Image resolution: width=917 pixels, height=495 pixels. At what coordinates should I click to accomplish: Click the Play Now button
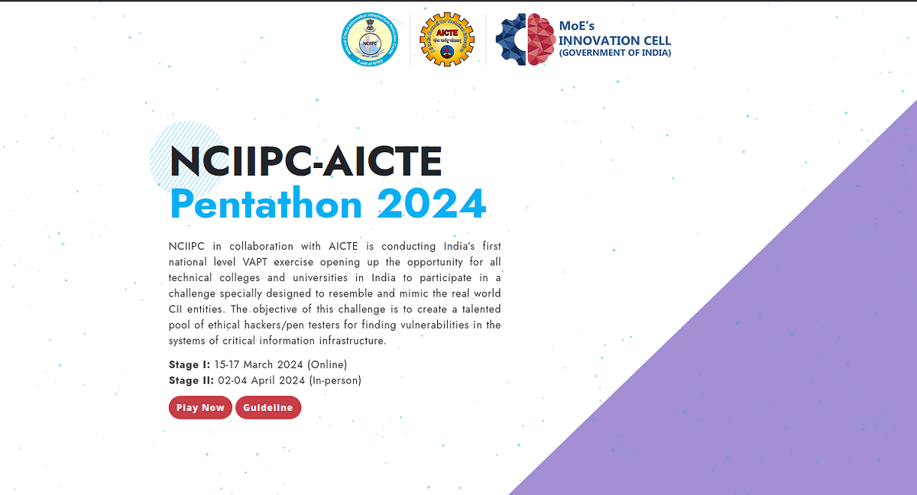[x=200, y=408]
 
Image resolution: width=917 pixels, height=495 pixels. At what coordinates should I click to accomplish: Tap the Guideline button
[x=268, y=408]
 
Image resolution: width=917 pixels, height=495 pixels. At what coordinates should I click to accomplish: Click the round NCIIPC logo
[x=371, y=40]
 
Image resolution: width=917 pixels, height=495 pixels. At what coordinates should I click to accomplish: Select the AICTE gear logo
[x=447, y=40]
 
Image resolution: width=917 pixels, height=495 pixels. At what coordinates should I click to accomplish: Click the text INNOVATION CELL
[x=615, y=40]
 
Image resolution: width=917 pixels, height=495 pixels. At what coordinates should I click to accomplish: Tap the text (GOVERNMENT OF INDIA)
[x=615, y=53]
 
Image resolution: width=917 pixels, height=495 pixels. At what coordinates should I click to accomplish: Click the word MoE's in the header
[x=576, y=26]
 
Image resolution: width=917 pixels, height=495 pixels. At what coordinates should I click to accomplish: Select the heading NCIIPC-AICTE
[x=306, y=162]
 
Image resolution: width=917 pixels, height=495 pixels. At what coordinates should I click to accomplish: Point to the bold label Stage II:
[x=191, y=380]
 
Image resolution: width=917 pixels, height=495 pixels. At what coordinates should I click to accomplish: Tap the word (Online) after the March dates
[x=327, y=364]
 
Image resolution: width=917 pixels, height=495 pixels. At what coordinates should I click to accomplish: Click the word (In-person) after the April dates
[x=335, y=380]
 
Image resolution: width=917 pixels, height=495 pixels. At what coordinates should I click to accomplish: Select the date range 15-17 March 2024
[x=259, y=364]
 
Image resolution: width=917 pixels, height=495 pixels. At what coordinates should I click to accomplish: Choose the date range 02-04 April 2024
[x=262, y=380]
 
